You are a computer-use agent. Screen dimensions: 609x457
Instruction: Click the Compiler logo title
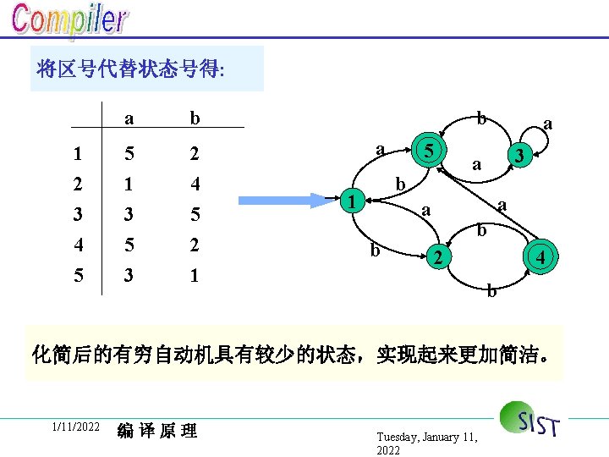coord(69,21)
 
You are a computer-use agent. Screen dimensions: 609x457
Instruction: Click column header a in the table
coord(128,118)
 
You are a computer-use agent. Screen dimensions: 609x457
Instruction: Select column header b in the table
coord(195,118)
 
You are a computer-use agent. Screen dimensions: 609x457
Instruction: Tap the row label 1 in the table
coord(78,154)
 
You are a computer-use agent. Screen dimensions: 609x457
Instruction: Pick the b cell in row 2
coord(195,184)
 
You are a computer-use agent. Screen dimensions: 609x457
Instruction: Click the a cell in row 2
coord(128,184)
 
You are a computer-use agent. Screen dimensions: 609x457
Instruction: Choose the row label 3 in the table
coord(78,215)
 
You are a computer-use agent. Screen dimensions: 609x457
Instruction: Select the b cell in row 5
coord(195,275)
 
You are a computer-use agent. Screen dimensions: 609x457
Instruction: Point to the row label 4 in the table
coord(78,245)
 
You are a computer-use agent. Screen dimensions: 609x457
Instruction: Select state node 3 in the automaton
coord(523,156)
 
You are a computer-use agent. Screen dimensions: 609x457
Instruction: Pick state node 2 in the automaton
coord(436,257)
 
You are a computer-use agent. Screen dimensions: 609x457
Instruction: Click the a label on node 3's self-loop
coord(548,124)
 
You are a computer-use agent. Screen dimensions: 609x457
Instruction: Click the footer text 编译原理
coord(157,431)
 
